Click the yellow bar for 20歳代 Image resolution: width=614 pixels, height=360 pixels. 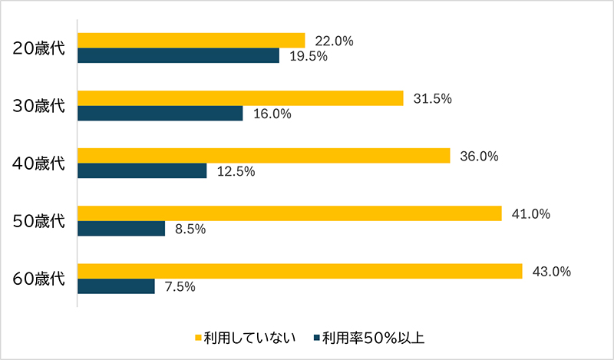coord(192,41)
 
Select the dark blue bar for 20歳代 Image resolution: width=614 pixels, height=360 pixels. coord(178,56)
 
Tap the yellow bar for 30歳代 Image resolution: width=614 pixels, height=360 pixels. coord(241,98)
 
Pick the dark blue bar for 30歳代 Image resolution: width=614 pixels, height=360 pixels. coord(160,114)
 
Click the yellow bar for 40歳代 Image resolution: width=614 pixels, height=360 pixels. coord(264,156)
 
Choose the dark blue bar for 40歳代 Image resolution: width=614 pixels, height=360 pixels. coord(142,171)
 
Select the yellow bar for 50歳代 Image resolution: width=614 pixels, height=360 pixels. coord(289,213)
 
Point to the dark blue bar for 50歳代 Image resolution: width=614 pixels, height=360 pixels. coord(121,229)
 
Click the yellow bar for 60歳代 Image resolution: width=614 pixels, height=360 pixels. coord(300,272)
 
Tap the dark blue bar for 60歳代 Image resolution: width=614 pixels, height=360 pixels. coord(117,286)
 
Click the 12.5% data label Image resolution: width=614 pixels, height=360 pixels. coord(236,172)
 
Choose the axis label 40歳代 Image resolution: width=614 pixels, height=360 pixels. coord(40,163)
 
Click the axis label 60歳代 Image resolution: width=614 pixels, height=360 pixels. coord(40,279)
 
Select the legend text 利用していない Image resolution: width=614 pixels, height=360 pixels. coord(249,338)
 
